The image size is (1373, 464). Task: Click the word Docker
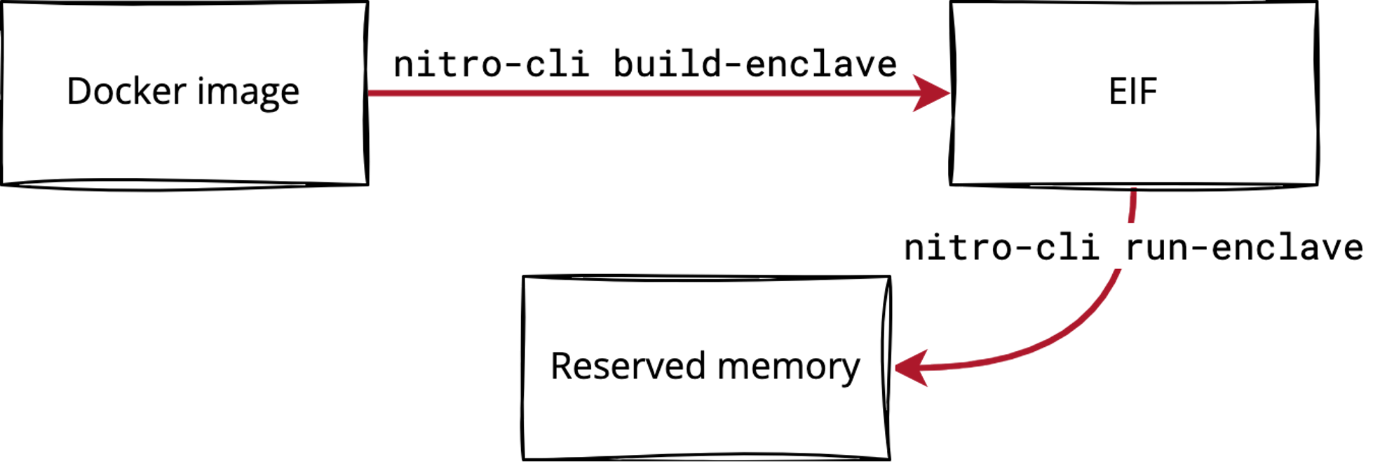(x=126, y=92)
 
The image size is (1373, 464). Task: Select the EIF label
(x=1132, y=92)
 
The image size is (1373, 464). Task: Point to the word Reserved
(x=628, y=367)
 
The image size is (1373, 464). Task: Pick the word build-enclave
(x=755, y=64)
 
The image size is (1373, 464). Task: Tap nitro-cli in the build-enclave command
(x=491, y=64)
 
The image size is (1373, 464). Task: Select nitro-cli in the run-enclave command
(x=1001, y=247)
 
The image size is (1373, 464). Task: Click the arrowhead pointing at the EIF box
(x=933, y=93)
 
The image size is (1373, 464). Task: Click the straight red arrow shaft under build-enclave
(x=631, y=93)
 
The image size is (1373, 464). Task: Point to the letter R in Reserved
(x=560, y=367)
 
